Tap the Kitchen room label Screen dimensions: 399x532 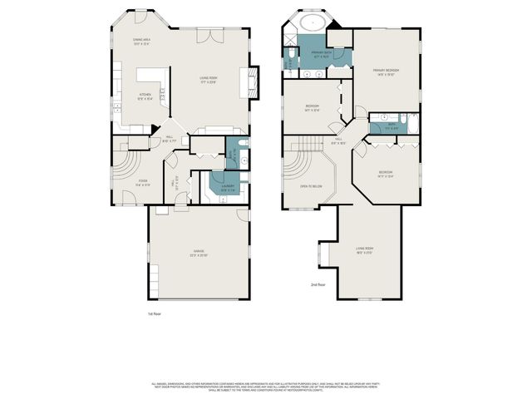[146, 96]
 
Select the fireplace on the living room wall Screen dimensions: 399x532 [248, 82]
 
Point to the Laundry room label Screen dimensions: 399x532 [227, 186]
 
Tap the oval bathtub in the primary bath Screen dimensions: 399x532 [315, 23]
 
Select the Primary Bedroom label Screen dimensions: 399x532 [386, 72]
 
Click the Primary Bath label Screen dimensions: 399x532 [321, 55]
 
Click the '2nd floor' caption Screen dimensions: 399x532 [317, 284]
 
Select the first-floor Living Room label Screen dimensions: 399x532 [208, 81]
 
